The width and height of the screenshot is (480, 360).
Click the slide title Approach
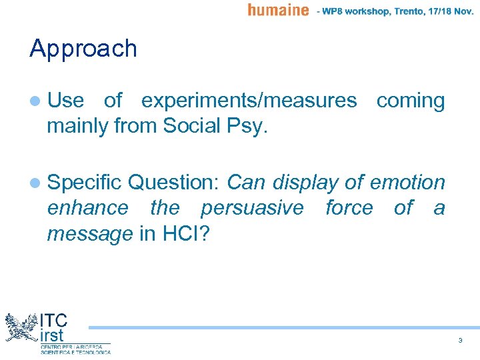(x=83, y=49)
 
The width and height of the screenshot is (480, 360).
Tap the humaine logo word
(x=278, y=10)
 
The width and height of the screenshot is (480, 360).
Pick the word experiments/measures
(x=249, y=101)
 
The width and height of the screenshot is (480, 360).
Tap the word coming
(x=410, y=101)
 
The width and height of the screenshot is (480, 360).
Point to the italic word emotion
(x=407, y=182)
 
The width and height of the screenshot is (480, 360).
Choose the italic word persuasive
(x=251, y=208)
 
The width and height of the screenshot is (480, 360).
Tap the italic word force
(x=349, y=208)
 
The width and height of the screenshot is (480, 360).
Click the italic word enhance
(x=87, y=208)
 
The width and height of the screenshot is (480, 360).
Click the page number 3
(x=460, y=341)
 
